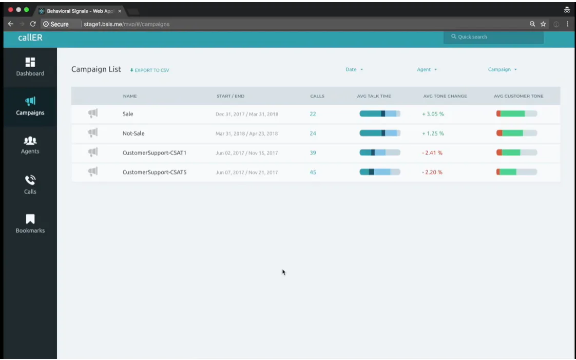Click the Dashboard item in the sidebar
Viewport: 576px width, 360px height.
click(30, 67)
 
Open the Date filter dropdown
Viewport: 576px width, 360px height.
click(354, 70)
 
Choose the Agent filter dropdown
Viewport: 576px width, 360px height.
click(427, 70)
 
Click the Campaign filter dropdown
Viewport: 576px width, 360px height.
click(502, 70)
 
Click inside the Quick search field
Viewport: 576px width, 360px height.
click(493, 37)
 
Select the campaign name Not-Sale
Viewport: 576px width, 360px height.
click(133, 134)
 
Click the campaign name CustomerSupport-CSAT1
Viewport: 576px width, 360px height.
click(154, 153)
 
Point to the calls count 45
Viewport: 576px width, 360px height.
click(313, 173)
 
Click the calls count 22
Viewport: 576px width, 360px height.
click(313, 114)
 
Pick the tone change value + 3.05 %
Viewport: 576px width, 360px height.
click(433, 114)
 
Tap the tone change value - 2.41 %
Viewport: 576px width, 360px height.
click(432, 153)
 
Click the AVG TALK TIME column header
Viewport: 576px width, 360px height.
click(374, 96)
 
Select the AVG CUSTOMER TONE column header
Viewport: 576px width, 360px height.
click(518, 96)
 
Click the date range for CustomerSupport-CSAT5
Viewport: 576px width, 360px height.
click(246, 173)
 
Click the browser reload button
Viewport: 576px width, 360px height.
click(33, 24)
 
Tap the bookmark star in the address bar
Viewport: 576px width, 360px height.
click(543, 24)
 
